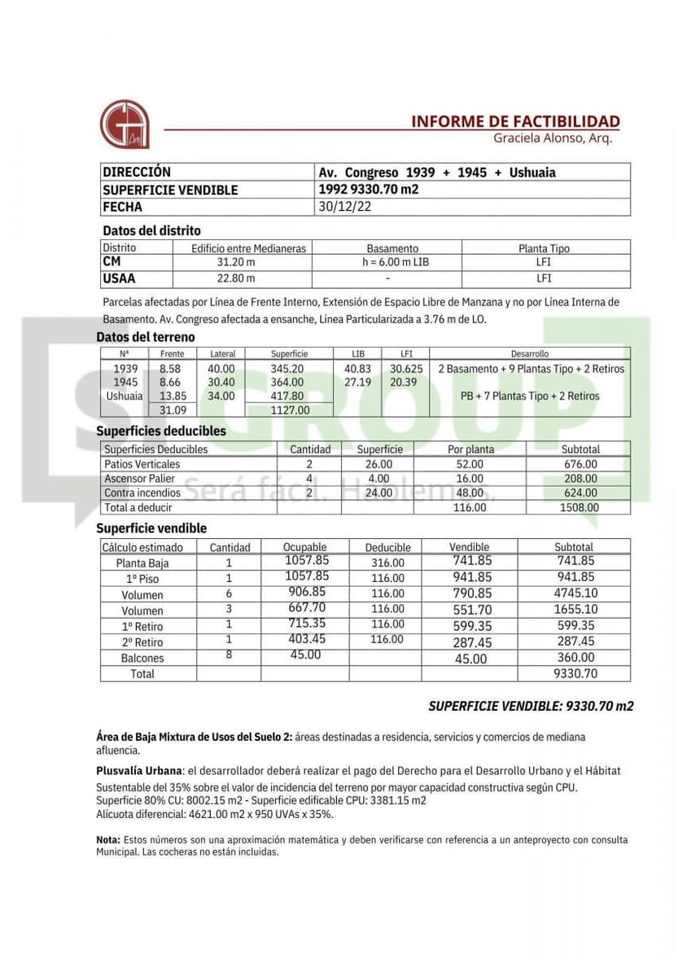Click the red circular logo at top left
(x=124, y=124)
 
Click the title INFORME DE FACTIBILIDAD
(x=514, y=121)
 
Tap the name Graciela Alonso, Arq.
(x=552, y=138)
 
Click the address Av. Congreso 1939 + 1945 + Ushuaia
(x=437, y=173)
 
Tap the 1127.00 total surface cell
(x=290, y=410)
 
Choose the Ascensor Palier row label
(x=139, y=479)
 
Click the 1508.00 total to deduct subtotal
(x=580, y=507)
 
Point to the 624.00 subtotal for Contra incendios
(x=580, y=492)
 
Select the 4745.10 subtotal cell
(x=576, y=593)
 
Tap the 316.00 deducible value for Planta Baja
(x=387, y=562)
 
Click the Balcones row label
(x=142, y=658)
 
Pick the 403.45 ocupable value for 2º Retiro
(x=306, y=640)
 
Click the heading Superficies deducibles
(x=161, y=431)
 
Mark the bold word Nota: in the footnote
(x=108, y=839)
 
